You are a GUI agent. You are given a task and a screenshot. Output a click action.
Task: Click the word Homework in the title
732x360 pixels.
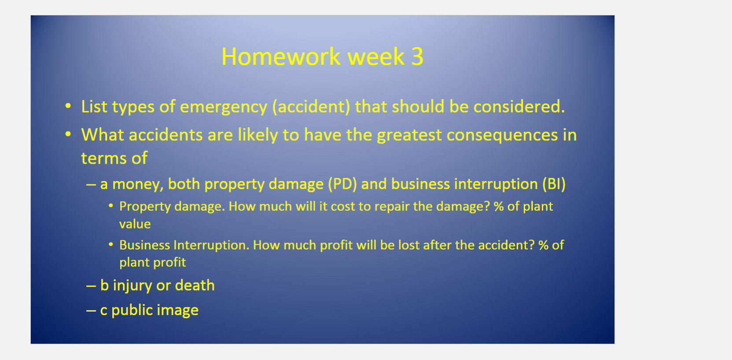(x=281, y=57)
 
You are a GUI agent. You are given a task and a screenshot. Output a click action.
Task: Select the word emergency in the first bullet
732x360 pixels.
(x=223, y=107)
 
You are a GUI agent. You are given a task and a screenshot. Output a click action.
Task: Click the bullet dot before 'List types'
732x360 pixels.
(x=68, y=106)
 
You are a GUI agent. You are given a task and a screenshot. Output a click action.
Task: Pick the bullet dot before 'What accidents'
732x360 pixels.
(x=68, y=134)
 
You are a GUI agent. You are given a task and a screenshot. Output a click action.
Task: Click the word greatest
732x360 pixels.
(x=409, y=135)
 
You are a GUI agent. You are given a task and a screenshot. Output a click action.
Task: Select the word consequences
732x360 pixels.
(x=502, y=135)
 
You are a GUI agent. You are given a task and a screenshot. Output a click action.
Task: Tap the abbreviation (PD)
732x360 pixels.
(x=342, y=184)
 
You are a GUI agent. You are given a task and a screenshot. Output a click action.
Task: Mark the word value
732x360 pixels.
(x=135, y=224)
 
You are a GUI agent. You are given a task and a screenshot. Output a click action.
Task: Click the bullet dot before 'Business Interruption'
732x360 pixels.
(x=111, y=244)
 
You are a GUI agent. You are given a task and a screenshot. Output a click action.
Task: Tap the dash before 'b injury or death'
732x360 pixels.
(x=91, y=286)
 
